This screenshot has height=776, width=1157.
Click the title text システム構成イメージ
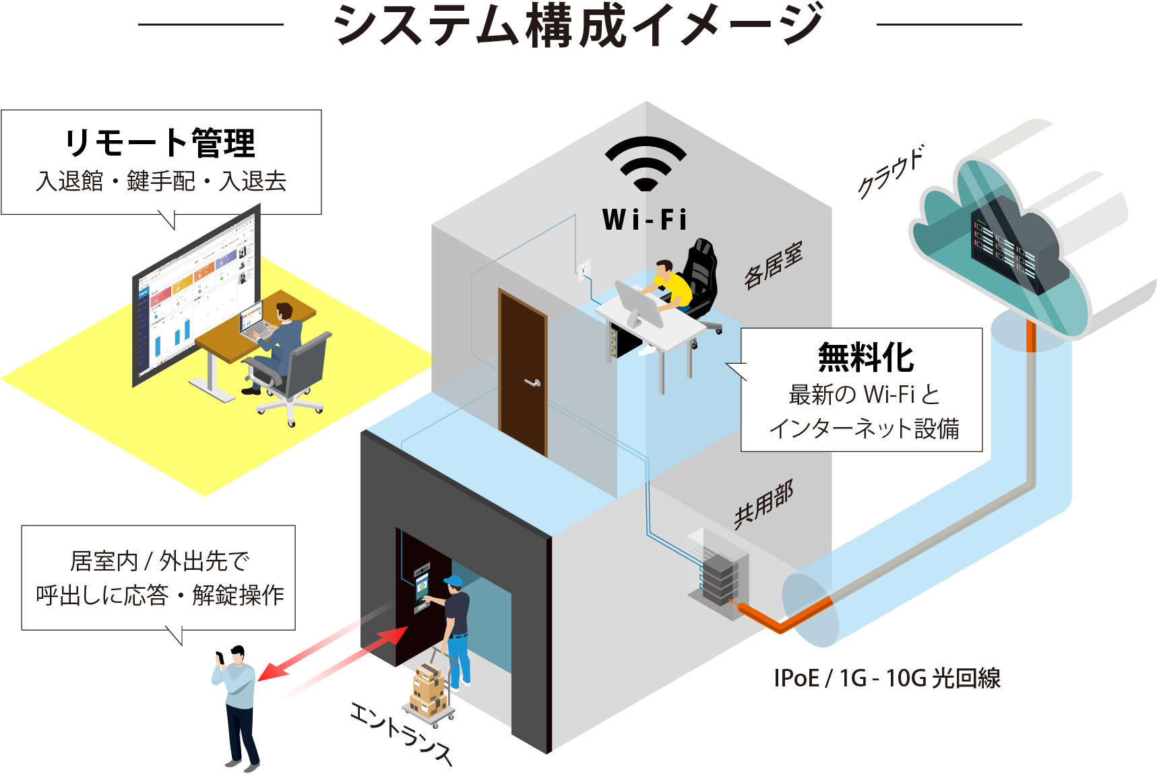tap(578, 26)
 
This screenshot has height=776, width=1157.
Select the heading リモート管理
tap(160, 142)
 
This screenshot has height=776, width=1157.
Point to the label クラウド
tap(889, 172)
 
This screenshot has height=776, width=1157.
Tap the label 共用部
tap(763, 505)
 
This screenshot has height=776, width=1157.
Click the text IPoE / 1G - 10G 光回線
tap(887, 678)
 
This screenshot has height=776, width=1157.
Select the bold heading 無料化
tap(865, 357)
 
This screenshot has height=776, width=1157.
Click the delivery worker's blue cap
tap(454, 581)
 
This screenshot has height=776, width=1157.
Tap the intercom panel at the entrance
tap(421, 587)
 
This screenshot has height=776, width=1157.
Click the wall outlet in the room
tap(584, 269)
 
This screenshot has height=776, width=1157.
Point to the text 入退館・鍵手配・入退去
tap(161, 181)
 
